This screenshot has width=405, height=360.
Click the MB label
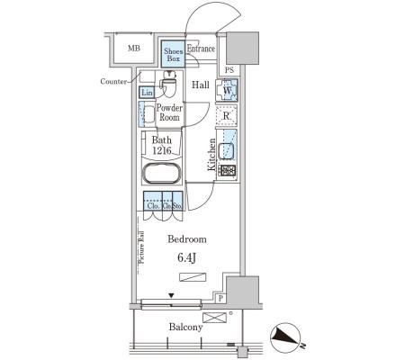[134, 48]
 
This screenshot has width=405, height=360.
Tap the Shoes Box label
[174, 55]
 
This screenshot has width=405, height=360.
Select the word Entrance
[201, 49]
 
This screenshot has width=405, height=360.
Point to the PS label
[229, 70]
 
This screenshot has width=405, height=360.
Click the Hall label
[201, 85]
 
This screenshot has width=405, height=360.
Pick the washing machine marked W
[227, 90]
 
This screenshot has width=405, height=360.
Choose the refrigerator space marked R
[227, 115]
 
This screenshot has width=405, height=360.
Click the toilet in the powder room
[169, 84]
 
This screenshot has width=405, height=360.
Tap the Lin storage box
[147, 93]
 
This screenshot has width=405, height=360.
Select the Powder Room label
[169, 112]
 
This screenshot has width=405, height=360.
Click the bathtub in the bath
[162, 173]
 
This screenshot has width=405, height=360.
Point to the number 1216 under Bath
[162, 150]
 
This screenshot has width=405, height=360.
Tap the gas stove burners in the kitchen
[227, 171]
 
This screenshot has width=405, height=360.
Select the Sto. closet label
[177, 206]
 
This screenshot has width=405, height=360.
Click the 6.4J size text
[186, 257]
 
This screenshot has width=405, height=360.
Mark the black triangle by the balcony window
[171, 296]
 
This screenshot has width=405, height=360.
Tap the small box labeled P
[220, 298]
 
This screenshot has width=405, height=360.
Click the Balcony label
[185, 327]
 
